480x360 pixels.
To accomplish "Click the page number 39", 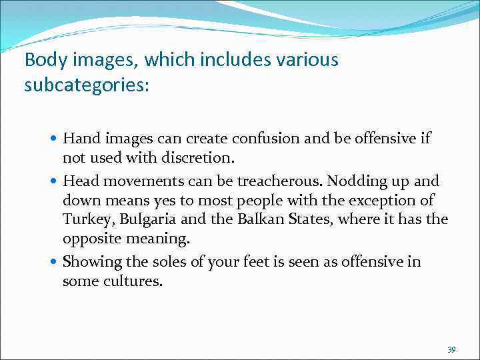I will tap(451, 349).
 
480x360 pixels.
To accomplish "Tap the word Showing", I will tap(91, 262).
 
